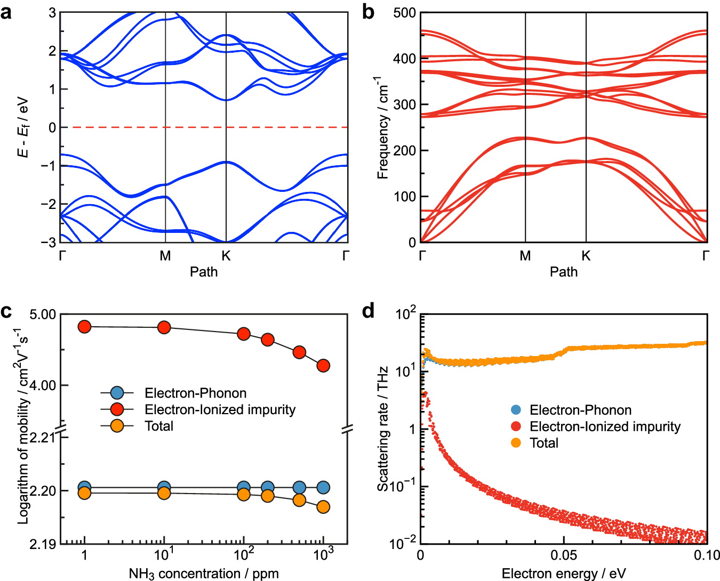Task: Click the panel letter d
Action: [368, 310]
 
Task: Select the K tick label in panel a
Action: [226, 256]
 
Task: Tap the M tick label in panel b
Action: [525, 256]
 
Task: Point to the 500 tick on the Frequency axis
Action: [404, 13]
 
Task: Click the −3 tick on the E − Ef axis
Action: [49, 242]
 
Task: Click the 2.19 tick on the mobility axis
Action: [43, 544]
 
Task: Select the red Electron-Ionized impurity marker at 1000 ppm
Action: [323, 366]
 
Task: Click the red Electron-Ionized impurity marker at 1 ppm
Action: [85, 327]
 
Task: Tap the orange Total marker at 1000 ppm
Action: [323, 507]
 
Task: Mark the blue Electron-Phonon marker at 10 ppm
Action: [164, 487]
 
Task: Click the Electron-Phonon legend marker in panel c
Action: [117, 393]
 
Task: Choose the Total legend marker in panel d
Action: [516, 443]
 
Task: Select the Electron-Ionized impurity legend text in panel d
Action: [605, 426]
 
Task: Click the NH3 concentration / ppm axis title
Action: [204, 574]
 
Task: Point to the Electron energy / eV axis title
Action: [564, 574]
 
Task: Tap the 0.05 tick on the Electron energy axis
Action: [564, 555]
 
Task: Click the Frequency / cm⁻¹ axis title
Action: [383, 128]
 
